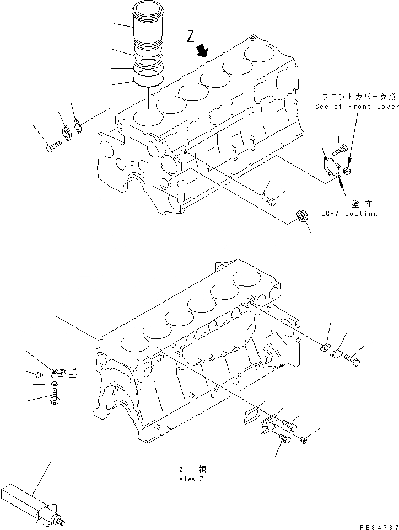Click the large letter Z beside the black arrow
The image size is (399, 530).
tap(190, 37)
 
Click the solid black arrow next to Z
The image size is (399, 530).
tap(203, 51)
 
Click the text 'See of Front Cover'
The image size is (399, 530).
tap(357, 107)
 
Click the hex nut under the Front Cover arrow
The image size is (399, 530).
tap(348, 172)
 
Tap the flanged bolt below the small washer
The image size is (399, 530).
tap(55, 396)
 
